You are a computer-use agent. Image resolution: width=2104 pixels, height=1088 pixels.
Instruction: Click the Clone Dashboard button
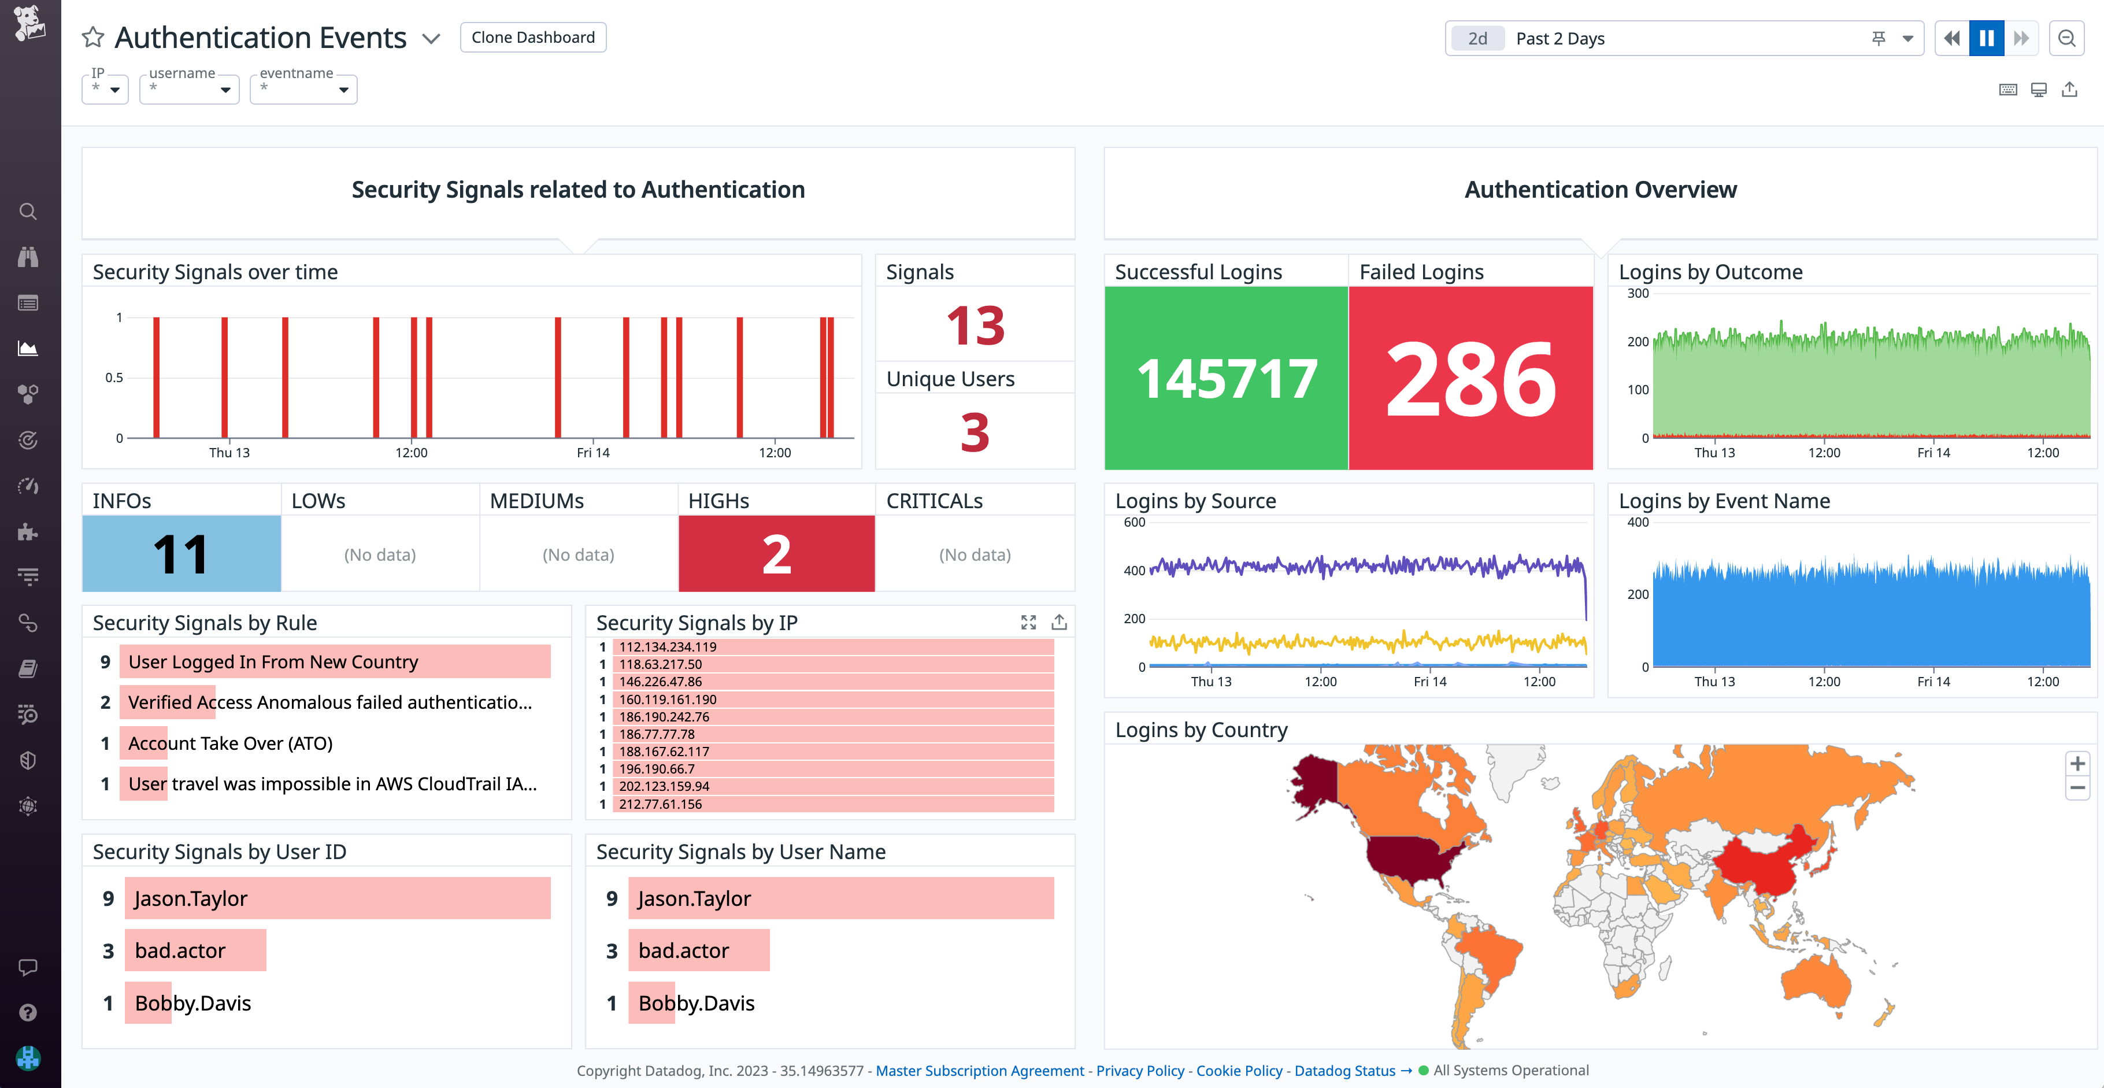[x=532, y=38]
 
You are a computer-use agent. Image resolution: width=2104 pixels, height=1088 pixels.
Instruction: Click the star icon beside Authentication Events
[x=93, y=38]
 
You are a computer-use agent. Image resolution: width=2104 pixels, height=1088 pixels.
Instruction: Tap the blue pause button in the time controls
[x=1987, y=38]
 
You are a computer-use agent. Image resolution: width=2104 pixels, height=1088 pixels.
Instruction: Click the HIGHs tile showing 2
[x=776, y=554]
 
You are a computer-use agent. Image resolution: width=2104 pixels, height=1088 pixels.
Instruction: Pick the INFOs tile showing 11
[x=181, y=554]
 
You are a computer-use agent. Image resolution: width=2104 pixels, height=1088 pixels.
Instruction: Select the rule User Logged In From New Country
[x=273, y=661]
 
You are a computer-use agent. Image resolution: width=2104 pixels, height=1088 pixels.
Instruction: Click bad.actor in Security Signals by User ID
[x=180, y=951]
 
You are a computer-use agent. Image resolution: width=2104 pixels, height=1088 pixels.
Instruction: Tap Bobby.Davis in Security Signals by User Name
[x=696, y=1003]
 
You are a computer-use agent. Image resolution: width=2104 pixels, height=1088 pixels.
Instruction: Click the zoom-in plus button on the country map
[x=2077, y=764]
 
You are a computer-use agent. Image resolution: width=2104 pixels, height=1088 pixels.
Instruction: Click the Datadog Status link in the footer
[x=1344, y=1070]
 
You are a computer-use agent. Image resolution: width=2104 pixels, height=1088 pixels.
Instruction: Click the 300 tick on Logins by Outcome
[x=1638, y=293]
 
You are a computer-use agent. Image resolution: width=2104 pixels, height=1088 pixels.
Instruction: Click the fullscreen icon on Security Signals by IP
[x=1028, y=623]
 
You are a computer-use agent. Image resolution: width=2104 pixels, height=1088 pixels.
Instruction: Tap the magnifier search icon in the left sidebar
[x=28, y=212]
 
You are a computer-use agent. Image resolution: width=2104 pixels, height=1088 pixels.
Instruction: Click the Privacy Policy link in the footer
[x=1139, y=1070]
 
